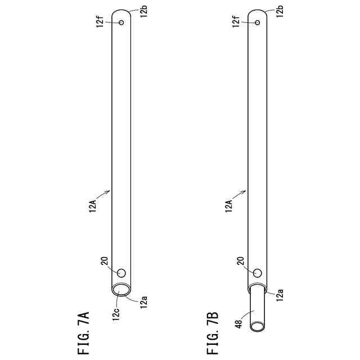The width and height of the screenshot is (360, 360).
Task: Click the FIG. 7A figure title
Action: [83, 333]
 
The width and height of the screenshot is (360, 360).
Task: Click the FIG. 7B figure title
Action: [213, 333]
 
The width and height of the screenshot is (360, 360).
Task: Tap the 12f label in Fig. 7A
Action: [100, 21]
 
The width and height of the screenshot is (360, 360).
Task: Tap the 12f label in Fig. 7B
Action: [236, 21]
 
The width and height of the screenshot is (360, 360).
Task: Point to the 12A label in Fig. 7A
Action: [93, 206]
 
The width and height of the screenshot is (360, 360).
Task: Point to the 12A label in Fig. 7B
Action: [229, 206]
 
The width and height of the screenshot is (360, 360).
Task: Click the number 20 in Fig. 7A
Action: [104, 261]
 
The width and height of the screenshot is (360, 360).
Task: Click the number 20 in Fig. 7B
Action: [240, 261]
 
